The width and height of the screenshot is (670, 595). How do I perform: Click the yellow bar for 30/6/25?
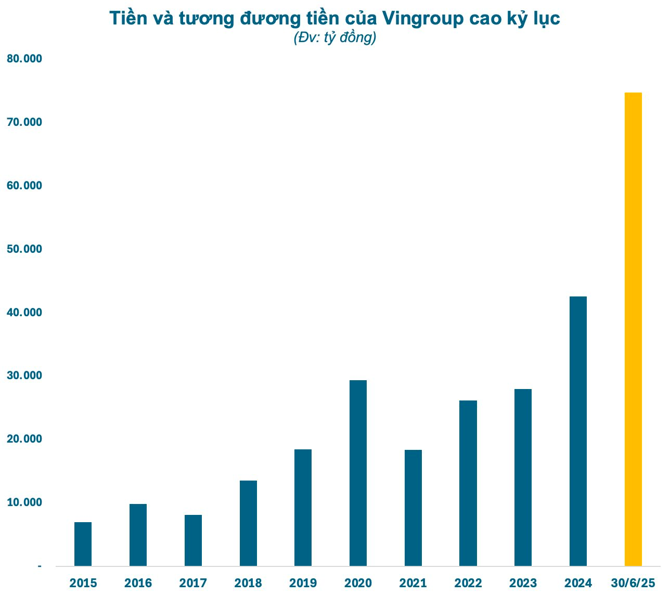pyautogui.click(x=633, y=329)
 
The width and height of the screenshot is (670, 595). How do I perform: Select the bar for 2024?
pyautogui.click(x=578, y=431)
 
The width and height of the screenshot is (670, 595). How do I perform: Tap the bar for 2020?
pyautogui.click(x=358, y=473)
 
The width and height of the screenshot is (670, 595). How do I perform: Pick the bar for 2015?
pyautogui.click(x=83, y=544)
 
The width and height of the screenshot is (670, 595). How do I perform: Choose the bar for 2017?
pyautogui.click(x=193, y=540)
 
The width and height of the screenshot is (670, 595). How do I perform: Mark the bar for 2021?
pyautogui.click(x=413, y=508)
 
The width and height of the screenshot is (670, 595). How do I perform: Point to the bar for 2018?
pyautogui.click(x=248, y=523)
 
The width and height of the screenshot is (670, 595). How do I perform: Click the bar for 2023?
pyautogui.click(x=523, y=477)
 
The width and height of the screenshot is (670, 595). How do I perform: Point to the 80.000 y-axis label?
pyautogui.click(x=24, y=59)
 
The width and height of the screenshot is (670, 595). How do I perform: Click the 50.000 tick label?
pyautogui.click(x=24, y=249)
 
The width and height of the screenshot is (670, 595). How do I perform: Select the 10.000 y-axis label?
pyautogui.click(x=24, y=502)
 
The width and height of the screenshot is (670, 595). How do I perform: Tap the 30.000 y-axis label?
pyautogui.click(x=24, y=376)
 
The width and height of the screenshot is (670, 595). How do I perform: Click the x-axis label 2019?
pyautogui.click(x=303, y=583)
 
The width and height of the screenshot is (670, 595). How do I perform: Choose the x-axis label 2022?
pyautogui.click(x=468, y=583)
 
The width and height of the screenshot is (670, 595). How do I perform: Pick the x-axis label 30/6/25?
pyautogui.click(x=633, y=583)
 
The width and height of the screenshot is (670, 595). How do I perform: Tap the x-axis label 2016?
pyautogui.click(x=138, y=583)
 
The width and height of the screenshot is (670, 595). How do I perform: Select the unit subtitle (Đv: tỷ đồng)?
pyautogui.click(x=334, y=38)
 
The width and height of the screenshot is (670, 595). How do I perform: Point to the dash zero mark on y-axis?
pyautogui.click(x=40, y=566)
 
